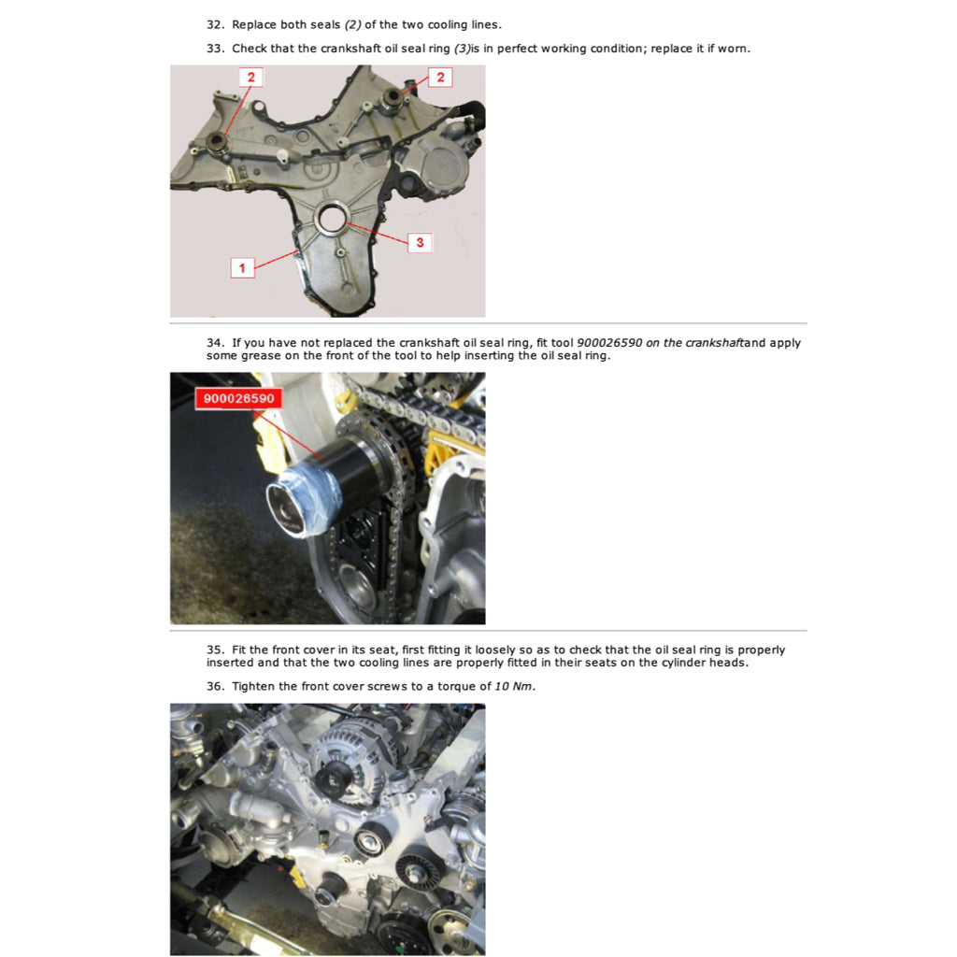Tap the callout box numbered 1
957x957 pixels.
pos(242,268)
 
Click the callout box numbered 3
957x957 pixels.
pos(420,243)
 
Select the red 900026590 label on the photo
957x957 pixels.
pos(238,399)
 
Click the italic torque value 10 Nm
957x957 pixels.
pos(514,686)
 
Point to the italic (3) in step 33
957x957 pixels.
pos(463,49)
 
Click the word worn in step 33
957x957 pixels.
pos(733,49)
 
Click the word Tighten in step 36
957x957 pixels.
pos(255,686)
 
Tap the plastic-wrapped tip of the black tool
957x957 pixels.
pos(297,506)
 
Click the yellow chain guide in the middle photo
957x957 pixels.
pos(436,458)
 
